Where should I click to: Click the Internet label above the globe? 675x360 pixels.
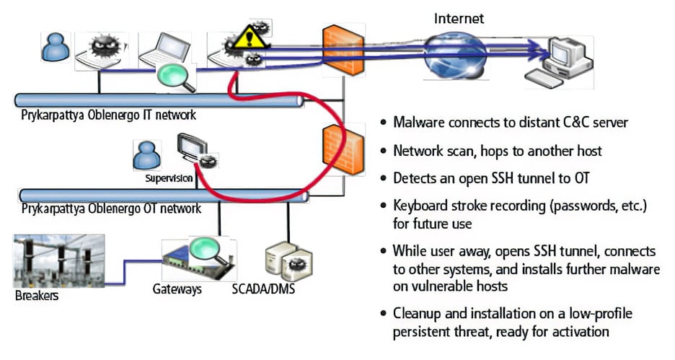[x=459, y=18]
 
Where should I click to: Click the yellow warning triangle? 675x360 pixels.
[x=246, y=35]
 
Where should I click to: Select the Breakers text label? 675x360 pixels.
[x=36, y=296]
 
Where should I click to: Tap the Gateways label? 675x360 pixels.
[x=177, y=290]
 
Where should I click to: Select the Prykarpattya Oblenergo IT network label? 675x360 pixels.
[x=108, y=115]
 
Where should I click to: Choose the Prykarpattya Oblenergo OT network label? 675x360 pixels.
[x=111, y=209]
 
